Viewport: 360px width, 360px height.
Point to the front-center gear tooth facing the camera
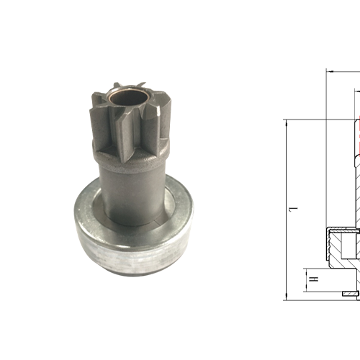click(130, 133)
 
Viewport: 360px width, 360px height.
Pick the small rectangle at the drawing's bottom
click(348, 296)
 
